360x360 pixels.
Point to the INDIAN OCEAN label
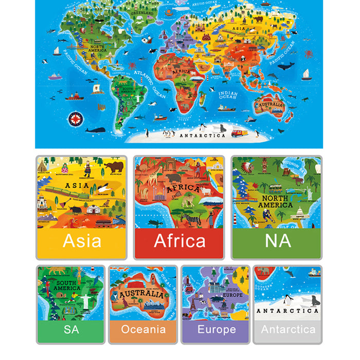228,95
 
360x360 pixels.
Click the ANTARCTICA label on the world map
202,135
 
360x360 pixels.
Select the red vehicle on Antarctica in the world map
239,133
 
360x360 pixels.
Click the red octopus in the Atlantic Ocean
132,65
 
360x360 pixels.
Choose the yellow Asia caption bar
81,241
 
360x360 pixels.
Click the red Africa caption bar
179,241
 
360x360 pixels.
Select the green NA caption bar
277,241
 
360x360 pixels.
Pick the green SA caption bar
70,329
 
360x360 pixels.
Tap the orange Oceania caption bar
143,329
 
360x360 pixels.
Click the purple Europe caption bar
216,329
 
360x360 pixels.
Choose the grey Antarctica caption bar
288,329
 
